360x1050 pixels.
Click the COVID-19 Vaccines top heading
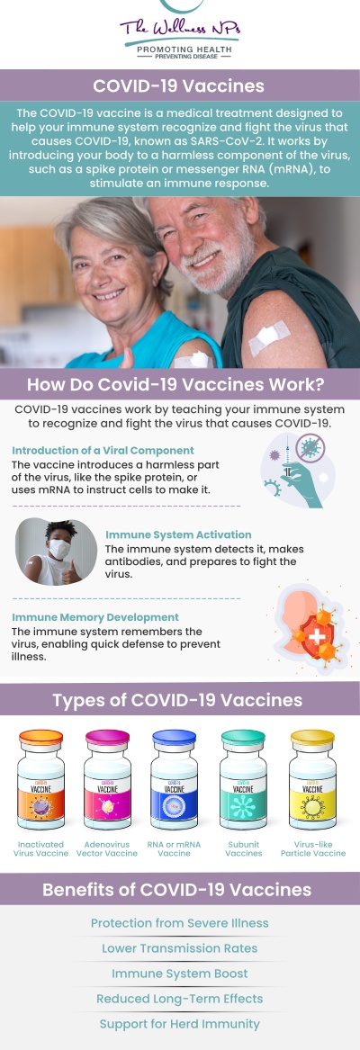(x=179, y=86)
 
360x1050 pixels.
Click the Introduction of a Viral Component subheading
(x=103, y=450)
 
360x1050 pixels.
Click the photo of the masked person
(x=56, y=552)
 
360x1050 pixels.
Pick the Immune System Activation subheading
(x=178, y=534)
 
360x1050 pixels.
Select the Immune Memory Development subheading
(x=95, y=617)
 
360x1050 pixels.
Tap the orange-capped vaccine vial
(x=41, y=781)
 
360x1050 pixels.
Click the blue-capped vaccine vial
(x=175, y=781)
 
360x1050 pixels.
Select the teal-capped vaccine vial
(x=243, y=781)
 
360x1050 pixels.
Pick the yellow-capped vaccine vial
(x=312, y=781)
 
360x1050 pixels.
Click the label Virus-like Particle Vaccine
(x=312, y=848)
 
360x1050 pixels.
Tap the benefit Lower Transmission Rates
(x=179, y=948)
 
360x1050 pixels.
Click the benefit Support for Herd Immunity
(x=179, y=1024)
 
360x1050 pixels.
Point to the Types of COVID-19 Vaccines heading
(x=177, y=700)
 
